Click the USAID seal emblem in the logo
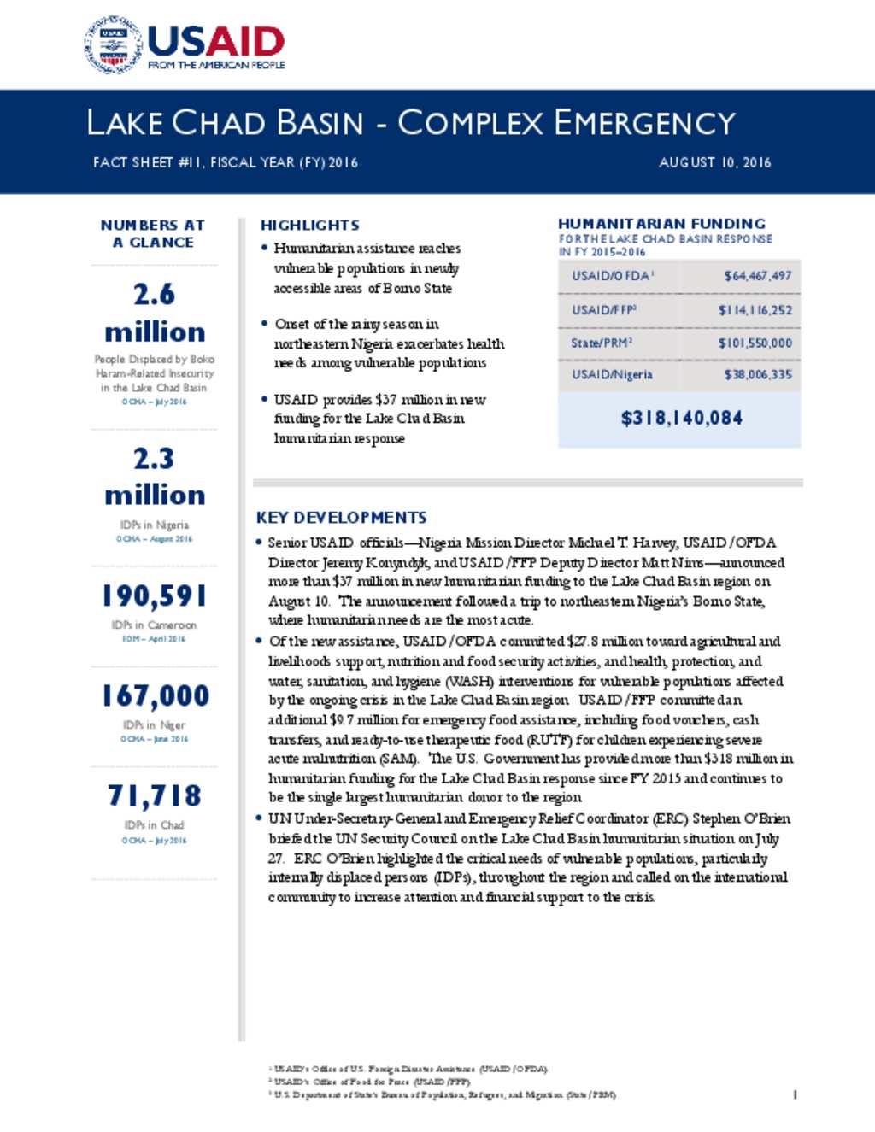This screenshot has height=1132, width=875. pos(113,44)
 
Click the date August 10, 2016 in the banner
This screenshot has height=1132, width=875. pos(714,162)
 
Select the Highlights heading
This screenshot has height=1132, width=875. pos(309,225)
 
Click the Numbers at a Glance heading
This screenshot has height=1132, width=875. pos(153,233)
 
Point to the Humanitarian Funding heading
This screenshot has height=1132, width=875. pos(661,223)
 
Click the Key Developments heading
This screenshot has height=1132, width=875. pos(341,517)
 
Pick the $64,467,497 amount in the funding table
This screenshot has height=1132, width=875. pos(757,276)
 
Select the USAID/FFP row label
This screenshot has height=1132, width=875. pos(604,310)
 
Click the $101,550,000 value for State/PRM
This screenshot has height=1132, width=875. pos(755,343)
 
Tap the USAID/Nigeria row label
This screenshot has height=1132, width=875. pos(612,374)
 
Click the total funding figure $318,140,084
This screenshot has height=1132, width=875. pos(681,418)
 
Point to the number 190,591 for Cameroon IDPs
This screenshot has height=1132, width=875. pos(154,595)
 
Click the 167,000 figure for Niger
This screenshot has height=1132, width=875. pos(155,695)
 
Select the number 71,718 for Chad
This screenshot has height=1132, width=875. pos(155,795)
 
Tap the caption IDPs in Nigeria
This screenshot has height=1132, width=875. pos(154,525)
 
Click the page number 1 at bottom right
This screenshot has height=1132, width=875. pos(795,1094)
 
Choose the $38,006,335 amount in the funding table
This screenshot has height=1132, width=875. pos(757,374)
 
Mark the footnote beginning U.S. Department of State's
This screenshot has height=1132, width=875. pos(444,1094)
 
